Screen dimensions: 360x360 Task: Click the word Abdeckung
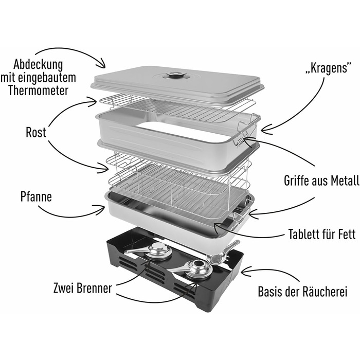38,65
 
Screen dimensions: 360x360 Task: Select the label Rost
35,133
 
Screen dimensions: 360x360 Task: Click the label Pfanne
36,196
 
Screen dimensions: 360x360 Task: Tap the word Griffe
300,181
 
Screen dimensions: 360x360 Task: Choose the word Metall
341,181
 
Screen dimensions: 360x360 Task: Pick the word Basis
272,292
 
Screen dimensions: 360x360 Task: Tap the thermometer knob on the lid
176,76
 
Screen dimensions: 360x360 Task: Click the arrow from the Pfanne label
72,212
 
